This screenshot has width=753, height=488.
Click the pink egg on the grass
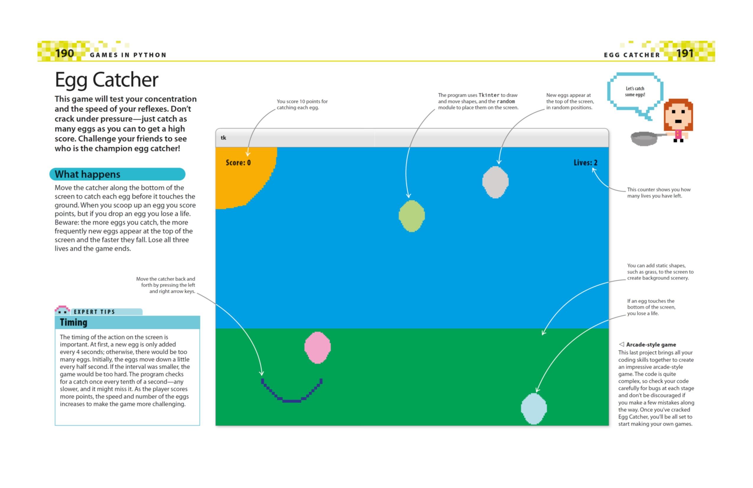coord(317,348)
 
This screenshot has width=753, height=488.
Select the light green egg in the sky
coord(412,216)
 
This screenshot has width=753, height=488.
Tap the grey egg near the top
coord(495,182)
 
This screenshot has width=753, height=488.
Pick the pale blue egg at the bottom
coord(534,408)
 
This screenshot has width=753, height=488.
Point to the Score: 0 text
coord(238,163)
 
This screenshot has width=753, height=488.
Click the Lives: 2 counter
coord(585,163)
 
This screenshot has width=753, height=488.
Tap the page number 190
coord(65,53)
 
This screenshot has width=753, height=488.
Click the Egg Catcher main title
coord(106,80)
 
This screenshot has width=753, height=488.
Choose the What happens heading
coord(87,174)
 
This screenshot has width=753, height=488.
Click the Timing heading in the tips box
coord(74,322)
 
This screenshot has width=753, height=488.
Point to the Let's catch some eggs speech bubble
coord(635,92)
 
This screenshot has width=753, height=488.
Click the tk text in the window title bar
coord(223,138)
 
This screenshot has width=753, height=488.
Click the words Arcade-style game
coord(651,345)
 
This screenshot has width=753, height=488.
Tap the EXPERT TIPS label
coord(94,312)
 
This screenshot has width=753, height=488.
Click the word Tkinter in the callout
coord(489,95)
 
